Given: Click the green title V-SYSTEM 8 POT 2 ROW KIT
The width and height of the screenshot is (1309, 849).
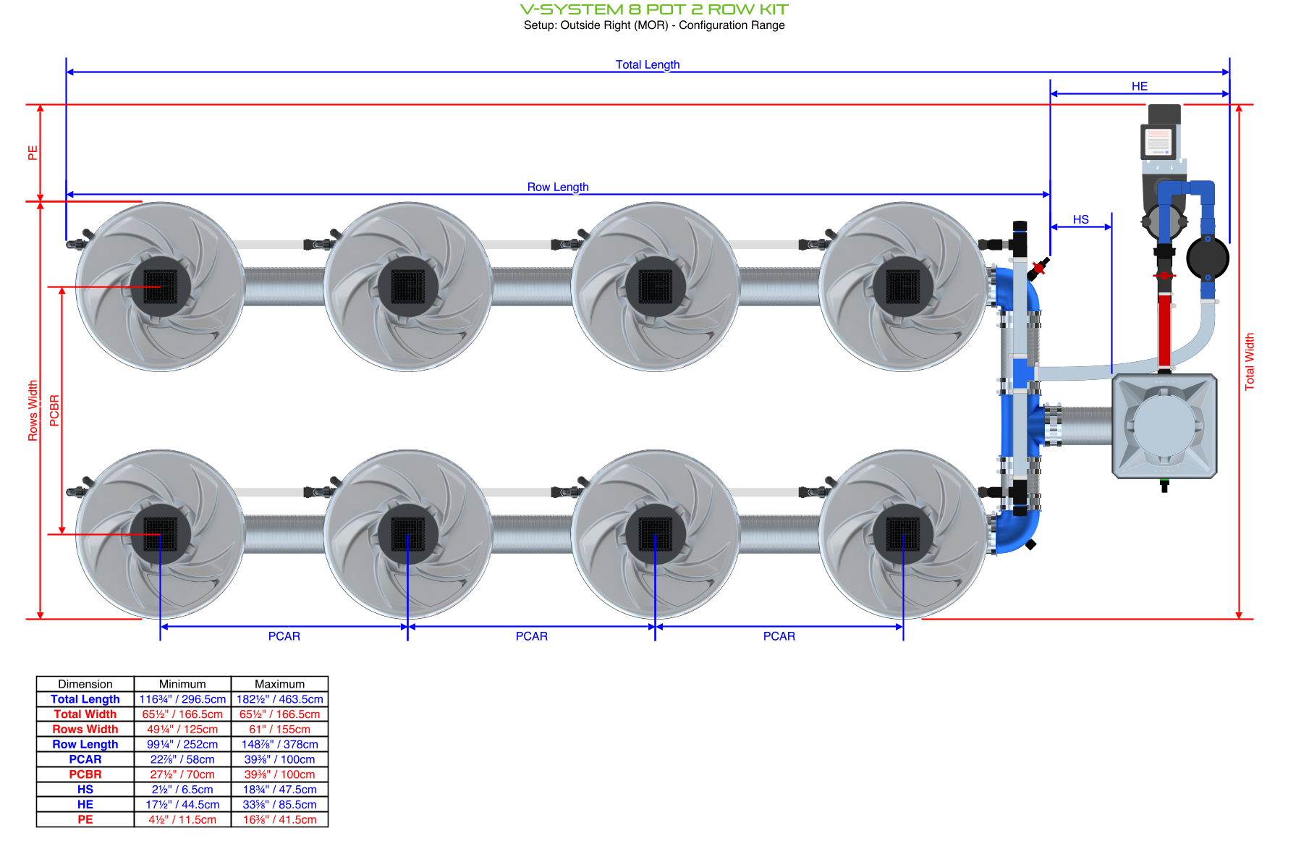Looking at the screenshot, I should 654,9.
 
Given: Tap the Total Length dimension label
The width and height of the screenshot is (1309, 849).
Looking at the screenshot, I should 647,64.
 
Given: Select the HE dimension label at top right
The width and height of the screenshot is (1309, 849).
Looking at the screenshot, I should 1139,86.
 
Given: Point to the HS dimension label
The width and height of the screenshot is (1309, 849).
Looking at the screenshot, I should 1080,219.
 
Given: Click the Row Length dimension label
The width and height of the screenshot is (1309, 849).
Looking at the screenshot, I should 557,187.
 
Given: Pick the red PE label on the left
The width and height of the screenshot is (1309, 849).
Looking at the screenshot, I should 33,153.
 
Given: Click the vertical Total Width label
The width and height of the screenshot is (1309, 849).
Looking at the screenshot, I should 1249,362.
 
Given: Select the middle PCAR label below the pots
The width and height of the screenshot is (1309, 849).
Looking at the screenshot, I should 531,636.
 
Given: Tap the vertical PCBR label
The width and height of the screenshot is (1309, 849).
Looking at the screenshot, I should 54,410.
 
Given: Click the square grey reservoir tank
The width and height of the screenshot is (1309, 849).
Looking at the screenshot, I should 1164,426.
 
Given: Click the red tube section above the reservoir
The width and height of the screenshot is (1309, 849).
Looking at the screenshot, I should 1164,329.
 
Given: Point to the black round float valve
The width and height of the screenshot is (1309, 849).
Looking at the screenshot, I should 1207,258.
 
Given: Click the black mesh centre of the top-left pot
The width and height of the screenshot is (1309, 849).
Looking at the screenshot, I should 160,287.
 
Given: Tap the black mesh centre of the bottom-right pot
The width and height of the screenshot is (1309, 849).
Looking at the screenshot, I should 902,534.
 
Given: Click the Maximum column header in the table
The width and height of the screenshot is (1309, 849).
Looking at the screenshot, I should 279,684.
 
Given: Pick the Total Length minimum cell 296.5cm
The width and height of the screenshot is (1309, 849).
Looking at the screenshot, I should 182,699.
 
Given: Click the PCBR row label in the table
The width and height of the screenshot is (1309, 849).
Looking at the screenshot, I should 85,774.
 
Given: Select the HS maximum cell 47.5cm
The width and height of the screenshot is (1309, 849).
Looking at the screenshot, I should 279,790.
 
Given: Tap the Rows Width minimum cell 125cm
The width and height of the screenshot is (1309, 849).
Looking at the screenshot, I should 182,730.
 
